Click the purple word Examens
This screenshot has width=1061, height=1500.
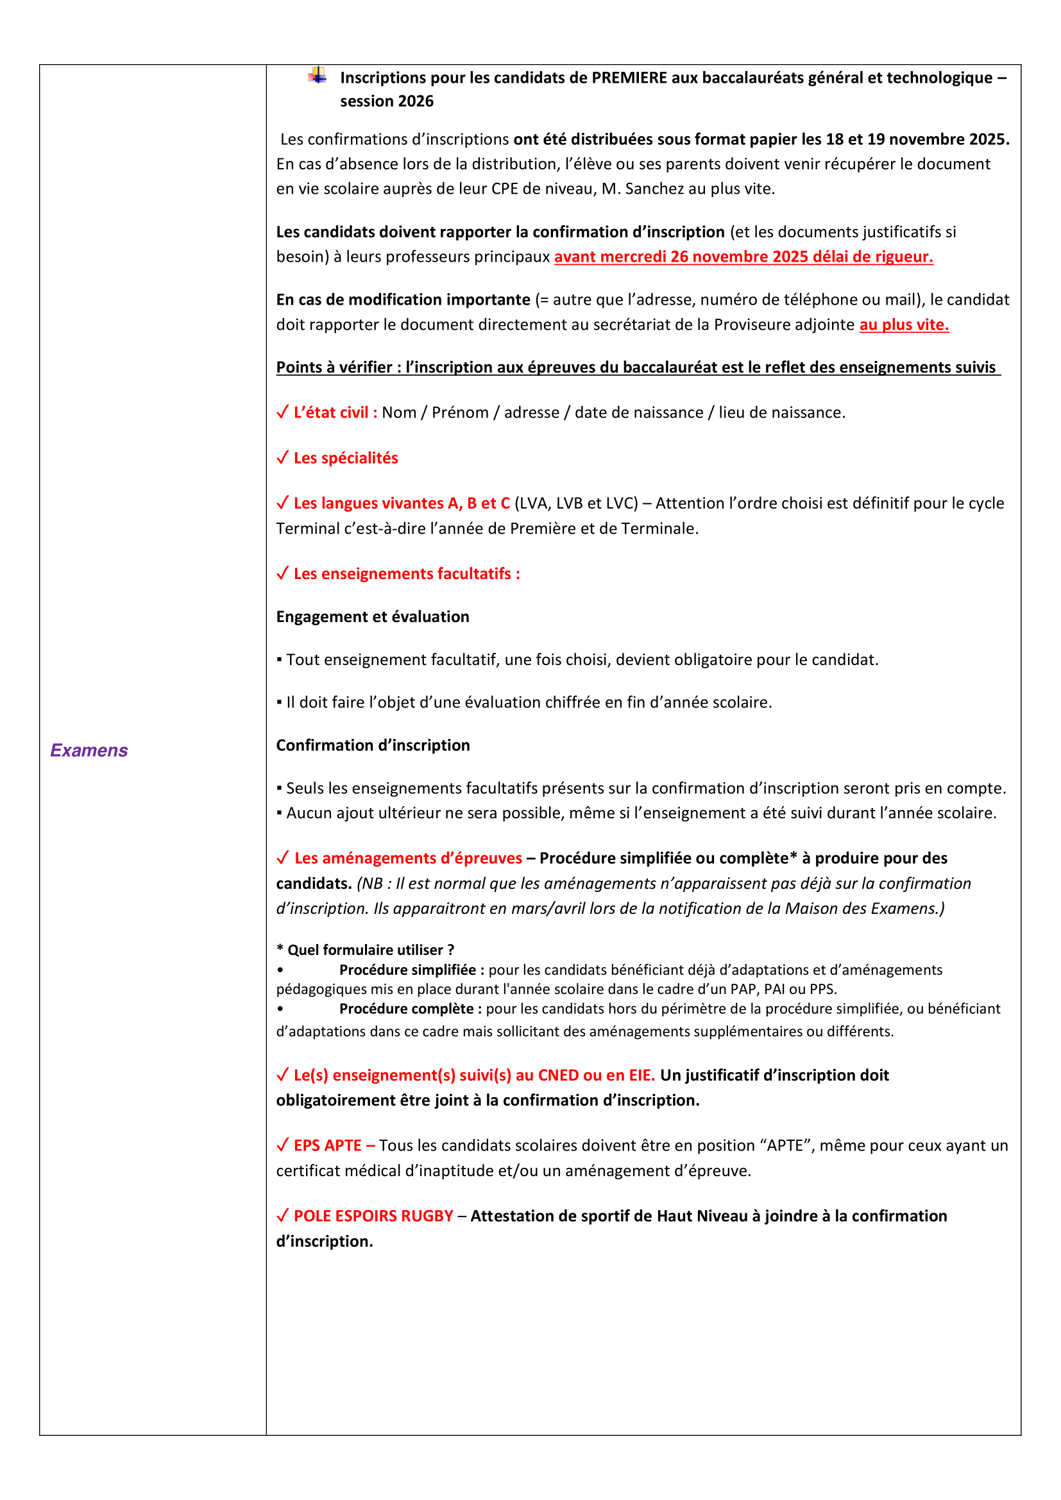[89, 750]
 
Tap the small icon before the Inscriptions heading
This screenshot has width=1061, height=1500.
[318, 76]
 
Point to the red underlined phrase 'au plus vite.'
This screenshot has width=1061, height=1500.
[904, 324]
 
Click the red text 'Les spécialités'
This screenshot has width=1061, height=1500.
[346, 458]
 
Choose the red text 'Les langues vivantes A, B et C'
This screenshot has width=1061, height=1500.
[401, 503]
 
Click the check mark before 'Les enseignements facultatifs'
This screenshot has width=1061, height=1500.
[282, 573]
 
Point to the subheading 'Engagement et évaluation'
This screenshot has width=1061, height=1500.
[373, 617]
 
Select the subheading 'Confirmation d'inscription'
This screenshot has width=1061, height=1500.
[373, 745]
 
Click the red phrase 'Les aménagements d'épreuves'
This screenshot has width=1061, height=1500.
[408, 858]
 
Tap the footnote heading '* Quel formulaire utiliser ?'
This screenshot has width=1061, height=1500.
[365, 950]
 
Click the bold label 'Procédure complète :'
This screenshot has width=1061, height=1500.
[410, 1009]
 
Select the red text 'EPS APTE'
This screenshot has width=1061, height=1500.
[327, 1145]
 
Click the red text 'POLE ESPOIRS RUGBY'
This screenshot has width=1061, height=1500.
[373, 1216]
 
